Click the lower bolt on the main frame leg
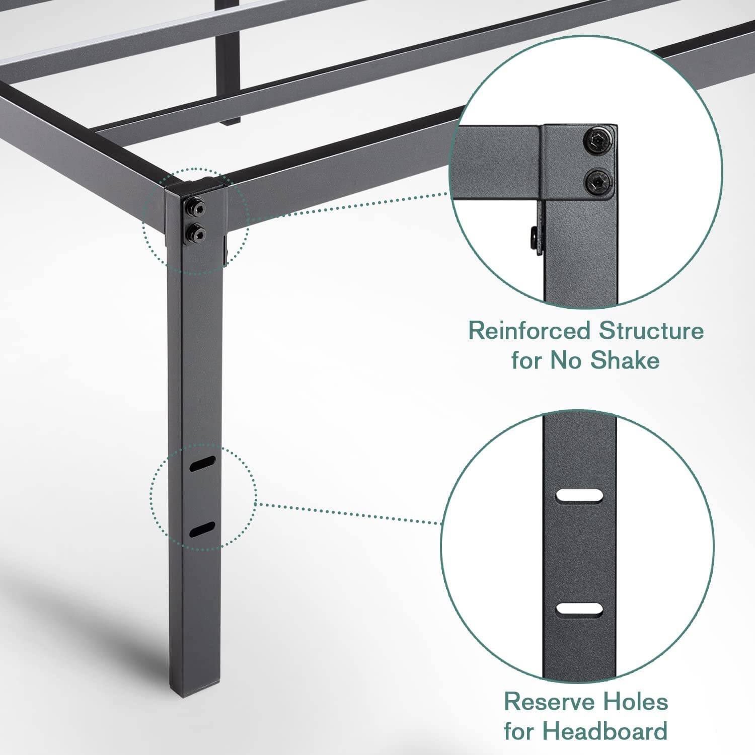194,232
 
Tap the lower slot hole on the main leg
202,530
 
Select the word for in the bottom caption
522,730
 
